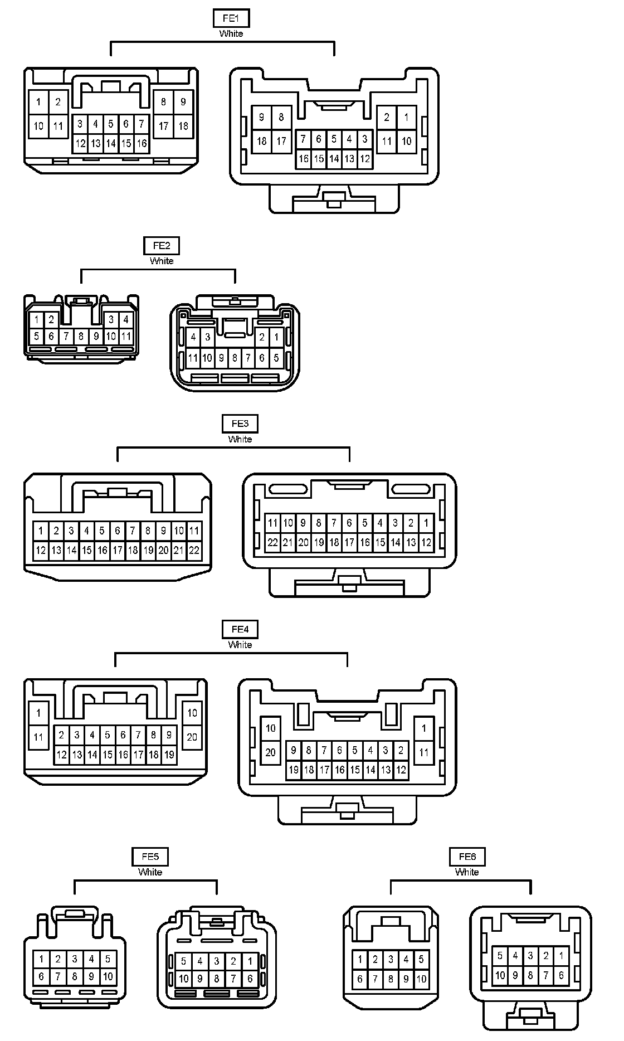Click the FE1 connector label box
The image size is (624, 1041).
click(231, 18)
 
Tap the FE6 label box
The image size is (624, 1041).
click(467, 857)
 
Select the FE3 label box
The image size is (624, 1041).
click(240, 424)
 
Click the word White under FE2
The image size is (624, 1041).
click(162, 261)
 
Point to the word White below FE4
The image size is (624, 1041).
click(240, 645)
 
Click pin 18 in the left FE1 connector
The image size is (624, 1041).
click(183, 126)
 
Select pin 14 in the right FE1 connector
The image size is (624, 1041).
click(334, 159)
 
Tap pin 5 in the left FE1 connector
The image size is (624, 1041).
click(111, 124)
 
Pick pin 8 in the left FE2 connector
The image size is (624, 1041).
click(81, 336)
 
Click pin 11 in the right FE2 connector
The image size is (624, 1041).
click(193, 358)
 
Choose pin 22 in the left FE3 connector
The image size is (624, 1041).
click(194, 551)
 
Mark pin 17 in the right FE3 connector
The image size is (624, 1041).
click(349, 542)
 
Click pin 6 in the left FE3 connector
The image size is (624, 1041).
click(117, 531)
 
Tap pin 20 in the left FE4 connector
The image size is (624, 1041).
click(192, 737)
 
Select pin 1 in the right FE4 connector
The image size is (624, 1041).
click(424, 728)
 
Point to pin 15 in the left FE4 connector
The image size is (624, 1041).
click(108, 755)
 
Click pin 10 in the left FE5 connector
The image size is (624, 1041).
click(108, 976)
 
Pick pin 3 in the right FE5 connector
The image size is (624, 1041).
click(217, 961)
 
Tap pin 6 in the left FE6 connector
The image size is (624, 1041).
click(360, 979)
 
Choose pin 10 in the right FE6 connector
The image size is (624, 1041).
click(500, 975)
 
